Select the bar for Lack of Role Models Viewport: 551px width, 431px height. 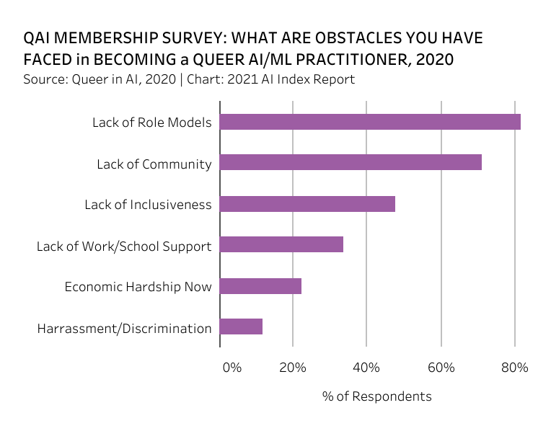[x=370, y=122]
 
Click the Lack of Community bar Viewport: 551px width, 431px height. [x=351, y=163]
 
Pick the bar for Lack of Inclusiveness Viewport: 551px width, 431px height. [x=307, y=204]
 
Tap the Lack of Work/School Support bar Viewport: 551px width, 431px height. [x=281, y=245]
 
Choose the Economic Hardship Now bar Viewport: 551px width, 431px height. [x=260, y=286]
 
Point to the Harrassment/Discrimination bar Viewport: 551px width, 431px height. [x=241, y=327]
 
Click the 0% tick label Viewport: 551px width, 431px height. [x=232, y=368]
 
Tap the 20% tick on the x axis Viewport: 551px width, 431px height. [x=292, y=368]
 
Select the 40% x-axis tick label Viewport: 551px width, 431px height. [x=366, y=368]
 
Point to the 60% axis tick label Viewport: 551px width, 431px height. [x=441, y=368]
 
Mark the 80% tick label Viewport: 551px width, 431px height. [x=515, y=368]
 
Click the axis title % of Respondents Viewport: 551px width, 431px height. [x=376, y=396]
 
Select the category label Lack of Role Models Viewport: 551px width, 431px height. [x=151, y=123]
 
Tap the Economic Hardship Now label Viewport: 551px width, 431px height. [x=138, y=287]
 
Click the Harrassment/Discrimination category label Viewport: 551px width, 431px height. [x=124, y=329]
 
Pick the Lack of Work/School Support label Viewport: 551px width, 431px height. [x=124, y=246]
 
